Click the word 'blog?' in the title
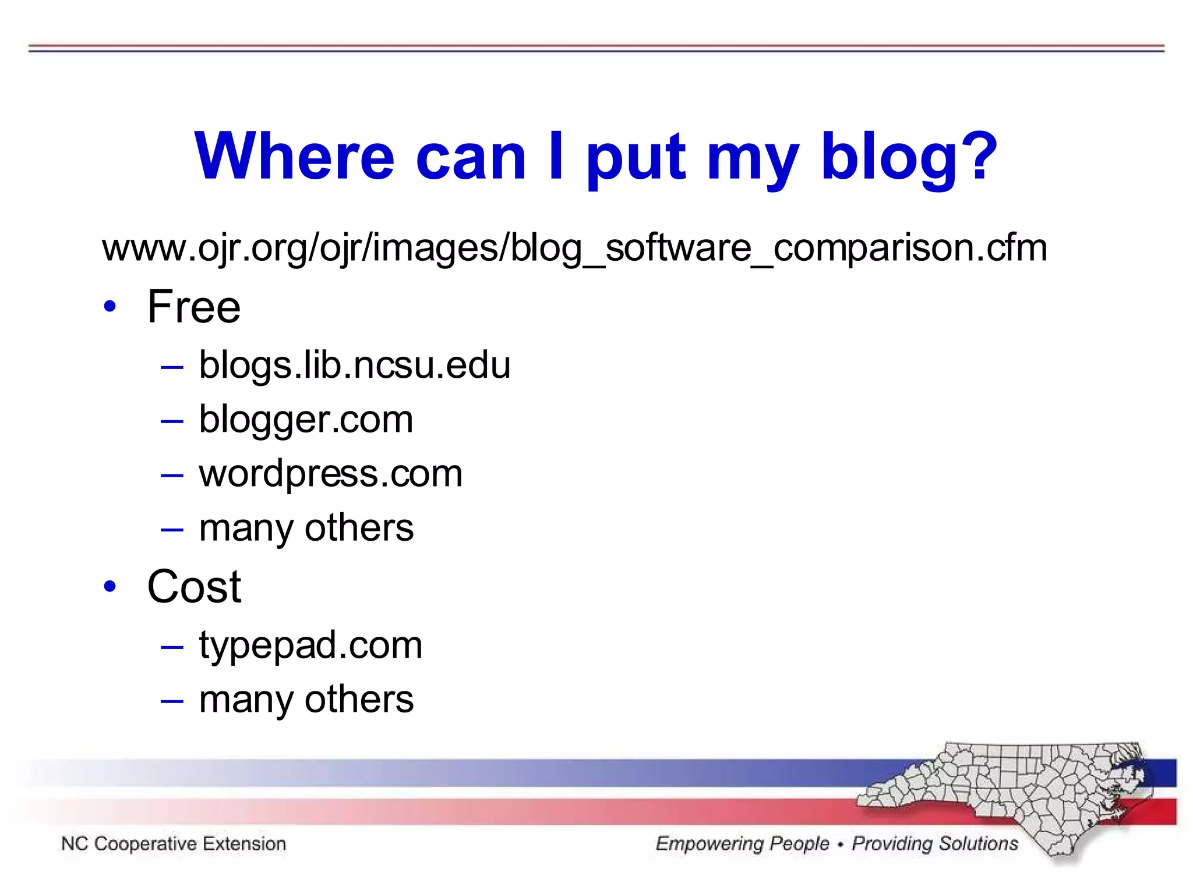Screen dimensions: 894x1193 (909, 157)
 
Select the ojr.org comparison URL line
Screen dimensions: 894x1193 (574, 248)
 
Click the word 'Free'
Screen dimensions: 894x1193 (193, 307)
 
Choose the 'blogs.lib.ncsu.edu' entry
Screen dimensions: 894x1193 (354, 366)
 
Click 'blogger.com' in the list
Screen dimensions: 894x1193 (306, 420)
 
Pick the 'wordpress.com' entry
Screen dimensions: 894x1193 (330, 474)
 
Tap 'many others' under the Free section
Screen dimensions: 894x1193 (306, 528)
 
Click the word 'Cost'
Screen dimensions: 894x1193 (194, 587)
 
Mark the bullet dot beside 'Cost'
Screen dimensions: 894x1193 (110, 586)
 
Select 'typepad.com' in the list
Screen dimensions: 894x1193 (310, 645)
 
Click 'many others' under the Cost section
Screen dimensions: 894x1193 (306, 700)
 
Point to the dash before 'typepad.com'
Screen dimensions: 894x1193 (172, 647)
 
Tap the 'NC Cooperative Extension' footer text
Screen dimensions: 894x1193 (174, 843)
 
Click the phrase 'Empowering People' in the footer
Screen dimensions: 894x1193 (742, 843)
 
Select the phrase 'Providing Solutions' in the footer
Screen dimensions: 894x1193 (935, 843)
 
